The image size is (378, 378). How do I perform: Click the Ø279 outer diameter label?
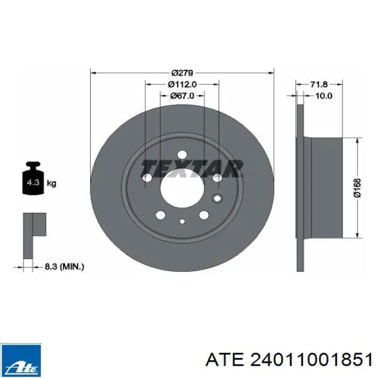pos(183,72)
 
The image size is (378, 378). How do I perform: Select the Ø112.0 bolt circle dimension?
pos(183,84)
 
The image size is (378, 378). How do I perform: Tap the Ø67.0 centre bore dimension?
pos(183,96)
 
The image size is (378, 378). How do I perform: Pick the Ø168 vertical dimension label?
pos(357,188)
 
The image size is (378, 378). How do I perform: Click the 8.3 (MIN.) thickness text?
pos(64,267)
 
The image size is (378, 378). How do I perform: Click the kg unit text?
pos(51,184)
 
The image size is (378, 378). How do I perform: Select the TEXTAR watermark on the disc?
pos(192,168)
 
